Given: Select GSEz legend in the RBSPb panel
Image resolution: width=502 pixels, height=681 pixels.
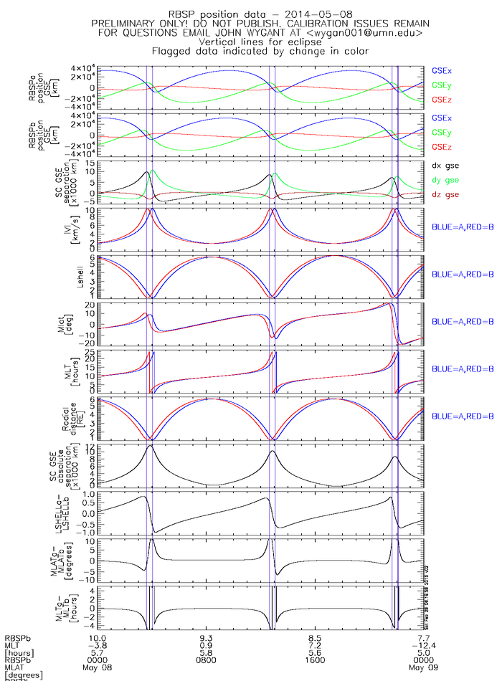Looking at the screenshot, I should coord(442,147).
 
